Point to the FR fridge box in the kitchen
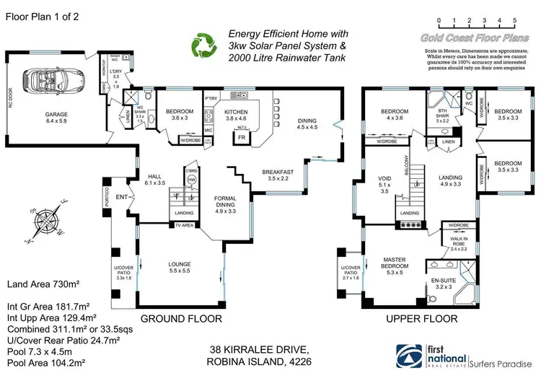coord(242,136)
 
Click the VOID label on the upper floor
coord(384,183)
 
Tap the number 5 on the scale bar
coord(514,22)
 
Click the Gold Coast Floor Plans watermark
coord(469,38)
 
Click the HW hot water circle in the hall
coord(191,179)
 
